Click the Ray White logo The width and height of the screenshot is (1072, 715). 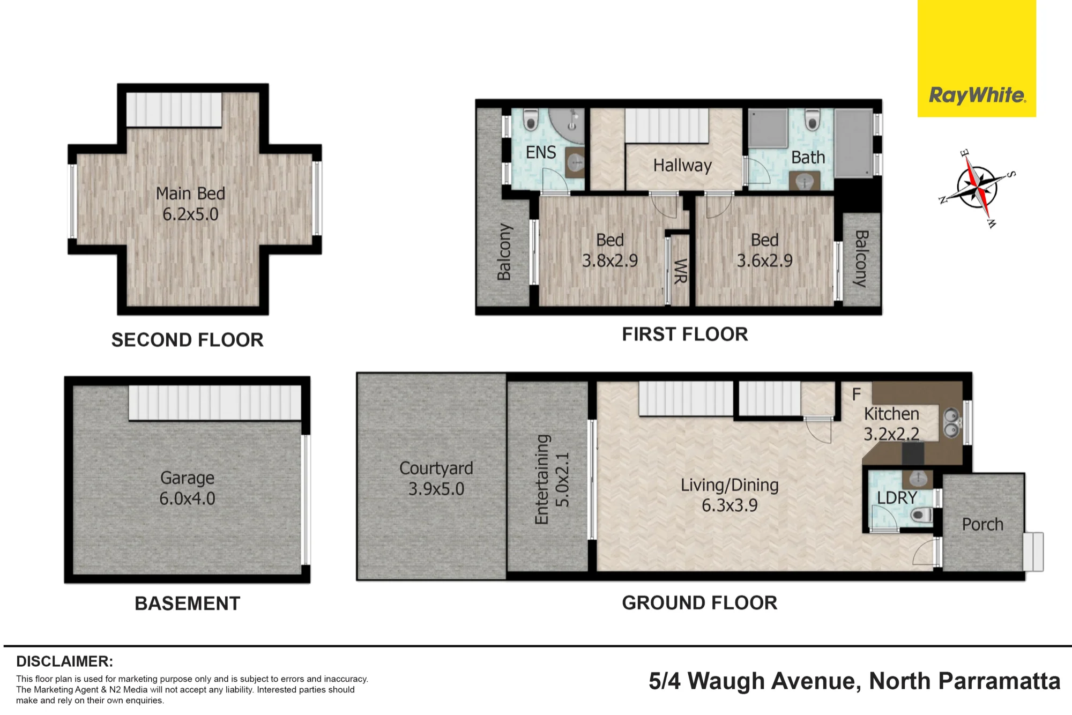coord(977,95)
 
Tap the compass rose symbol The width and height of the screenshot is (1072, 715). coord(977,188)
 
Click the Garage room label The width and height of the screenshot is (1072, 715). coord(187,488)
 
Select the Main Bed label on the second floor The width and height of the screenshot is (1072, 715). coord(190,204)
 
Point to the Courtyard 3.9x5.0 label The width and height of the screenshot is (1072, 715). coord(436,478)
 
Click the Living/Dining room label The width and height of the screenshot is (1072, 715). coord(729,495)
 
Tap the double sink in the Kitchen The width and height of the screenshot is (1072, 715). coord(951,422)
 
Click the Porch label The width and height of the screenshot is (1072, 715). coord(982,524)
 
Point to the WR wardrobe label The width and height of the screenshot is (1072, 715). coord(680,271)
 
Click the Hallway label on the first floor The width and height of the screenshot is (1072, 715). coord(682,166)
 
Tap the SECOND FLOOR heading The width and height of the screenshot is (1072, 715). coord(187,340)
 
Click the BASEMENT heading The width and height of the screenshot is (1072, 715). coord(187,604)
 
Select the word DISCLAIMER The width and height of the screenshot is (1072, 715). coord(64,661)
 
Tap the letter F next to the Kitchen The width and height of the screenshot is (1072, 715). coord(857,394)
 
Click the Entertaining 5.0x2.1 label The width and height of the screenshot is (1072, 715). coord(552,479)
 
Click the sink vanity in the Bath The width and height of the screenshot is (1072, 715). coord(805,181)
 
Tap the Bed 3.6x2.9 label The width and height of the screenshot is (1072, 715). coord(764,250)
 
